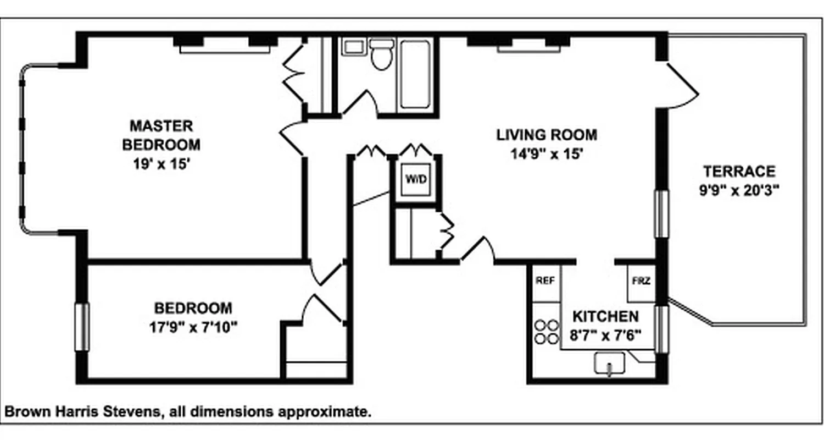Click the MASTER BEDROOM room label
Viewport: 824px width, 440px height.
pyautogui.click(x=161, y=135)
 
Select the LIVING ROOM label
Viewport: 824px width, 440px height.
pyautogui.click(x=547, y=135)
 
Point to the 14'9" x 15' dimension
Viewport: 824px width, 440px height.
pyautogui.click(x=546, y=154)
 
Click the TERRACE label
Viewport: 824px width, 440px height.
pyautogui.click(x=739, y=171)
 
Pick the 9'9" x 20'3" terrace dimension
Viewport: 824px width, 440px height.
pyautogui.click(x=739, y=190)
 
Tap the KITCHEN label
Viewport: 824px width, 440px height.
pyautogui.click(x=605, y=317)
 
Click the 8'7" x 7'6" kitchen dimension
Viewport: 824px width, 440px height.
pyautogui.click(x=606, y=335)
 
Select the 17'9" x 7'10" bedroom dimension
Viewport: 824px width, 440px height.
pyautogui.click(x=193, y=327)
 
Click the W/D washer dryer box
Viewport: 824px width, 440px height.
pyautogui.click(x=415, y=179)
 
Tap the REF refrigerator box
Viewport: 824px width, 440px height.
pyautogui.click(x=545, y=281)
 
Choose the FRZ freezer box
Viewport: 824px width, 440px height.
pyautogui.click(x=641, y=281)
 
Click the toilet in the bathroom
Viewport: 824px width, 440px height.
pyautogui.click(x=381, y=54)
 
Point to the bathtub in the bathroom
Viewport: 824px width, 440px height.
pyautogui.click(x=415, y=74)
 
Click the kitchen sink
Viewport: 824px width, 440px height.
pyautogui.click(x=609, y=365)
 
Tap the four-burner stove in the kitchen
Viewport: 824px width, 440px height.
pyautogui.click(x=544, y=332)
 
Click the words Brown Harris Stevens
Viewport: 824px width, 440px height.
pyautogui.click(x=82, y=411)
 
